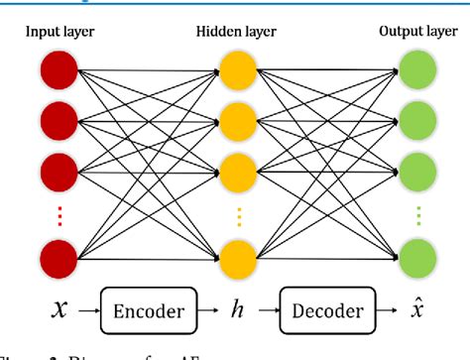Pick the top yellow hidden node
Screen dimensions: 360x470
236,70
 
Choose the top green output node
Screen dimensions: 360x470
415,70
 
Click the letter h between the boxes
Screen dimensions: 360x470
236,310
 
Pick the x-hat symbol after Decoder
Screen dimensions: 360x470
417,309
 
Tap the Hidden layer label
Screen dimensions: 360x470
236,31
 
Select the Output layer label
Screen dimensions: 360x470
416,31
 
